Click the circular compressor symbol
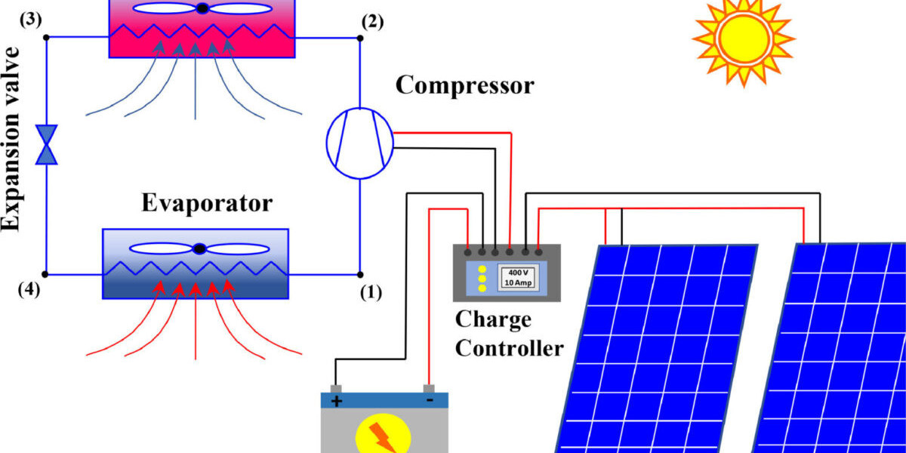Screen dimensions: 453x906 click(360, 144)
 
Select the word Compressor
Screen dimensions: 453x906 click(464, 85)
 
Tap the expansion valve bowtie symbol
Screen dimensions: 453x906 click(47, 144)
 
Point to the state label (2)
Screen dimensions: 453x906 click(371, 20)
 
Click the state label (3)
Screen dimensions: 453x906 click(31, 20)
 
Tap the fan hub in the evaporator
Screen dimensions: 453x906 click(199, 249)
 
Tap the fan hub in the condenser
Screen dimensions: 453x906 click(202, 9)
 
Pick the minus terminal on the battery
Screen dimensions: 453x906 click(429, 400)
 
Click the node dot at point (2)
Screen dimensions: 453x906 click(360, 36)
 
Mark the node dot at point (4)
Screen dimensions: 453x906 click(47, 274)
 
